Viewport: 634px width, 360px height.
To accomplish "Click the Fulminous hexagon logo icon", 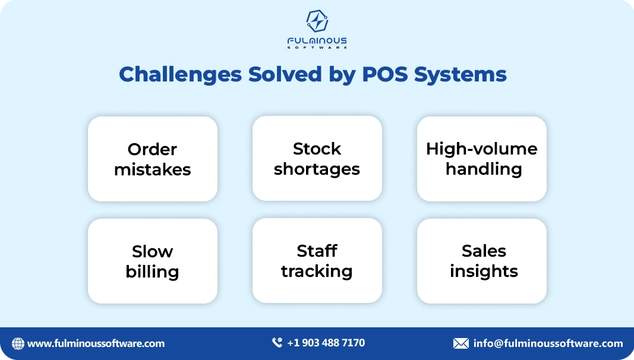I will tap(317, 21).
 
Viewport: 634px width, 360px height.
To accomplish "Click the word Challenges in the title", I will tap(180, 74).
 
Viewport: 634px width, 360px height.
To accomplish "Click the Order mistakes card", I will tap(153, 159).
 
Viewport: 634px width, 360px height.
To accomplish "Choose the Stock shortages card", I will tap(317, 159).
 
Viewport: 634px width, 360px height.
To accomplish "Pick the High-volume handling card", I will tap(482, 159).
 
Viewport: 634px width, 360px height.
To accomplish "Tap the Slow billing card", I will tap(153, 261).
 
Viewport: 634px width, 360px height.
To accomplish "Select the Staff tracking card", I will tap(317, 261).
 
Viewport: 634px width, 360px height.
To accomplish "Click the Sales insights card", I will tap(482, 261).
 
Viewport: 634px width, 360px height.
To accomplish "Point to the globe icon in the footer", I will tap(18, 343).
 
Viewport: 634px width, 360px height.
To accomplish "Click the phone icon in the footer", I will tap(277, 343).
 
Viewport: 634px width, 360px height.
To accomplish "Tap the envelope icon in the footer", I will tap(460, 343).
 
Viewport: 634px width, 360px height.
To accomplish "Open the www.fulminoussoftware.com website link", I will tap(96, 343).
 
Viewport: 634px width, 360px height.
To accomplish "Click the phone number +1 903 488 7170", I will tap(326, 343).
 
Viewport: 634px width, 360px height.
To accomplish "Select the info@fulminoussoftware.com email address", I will tap(548, 343).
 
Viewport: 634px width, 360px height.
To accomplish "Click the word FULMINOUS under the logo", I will tap(317, 40).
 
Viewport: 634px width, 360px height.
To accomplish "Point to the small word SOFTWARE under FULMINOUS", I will tap(317, 47).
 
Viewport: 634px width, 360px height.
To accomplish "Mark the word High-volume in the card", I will tap(481, 149).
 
